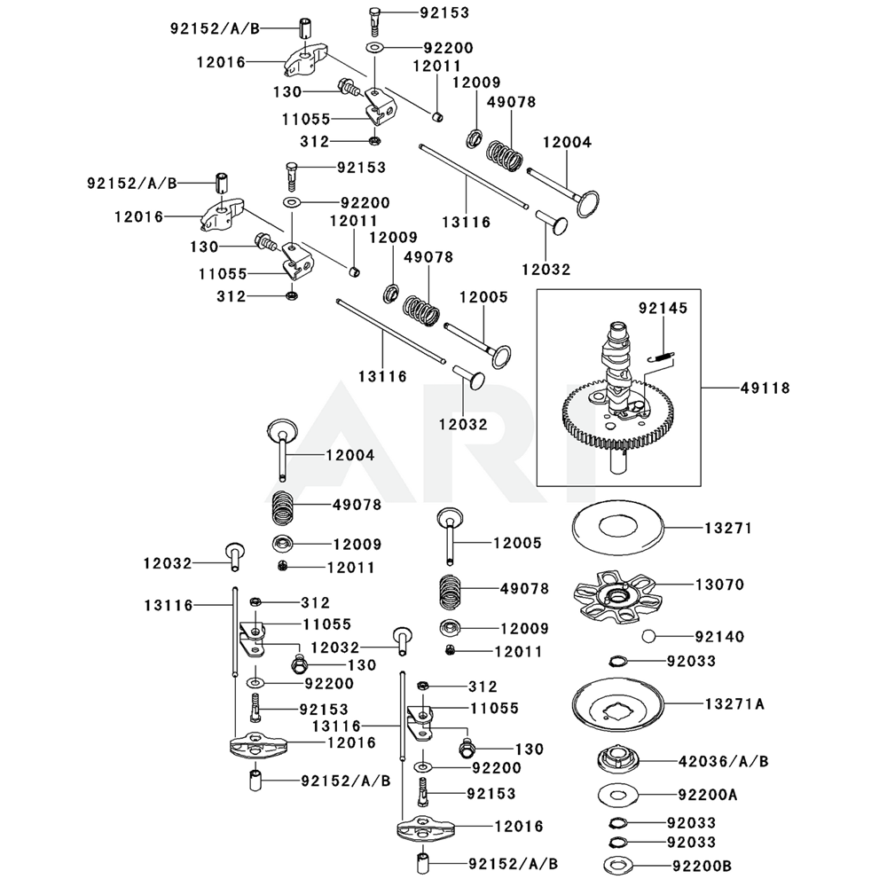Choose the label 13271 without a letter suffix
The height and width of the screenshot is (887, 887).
[x=728, y=528]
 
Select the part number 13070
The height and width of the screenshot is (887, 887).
[x=719, y=585]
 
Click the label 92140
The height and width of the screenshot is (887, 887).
[x=719, y=637]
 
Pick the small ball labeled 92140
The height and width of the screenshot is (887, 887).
[x=650, y=637]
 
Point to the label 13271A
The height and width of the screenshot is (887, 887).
[x=734, y=704]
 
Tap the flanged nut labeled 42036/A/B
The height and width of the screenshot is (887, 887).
[x=618, y=761]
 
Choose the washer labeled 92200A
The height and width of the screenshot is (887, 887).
[x=618, y=795]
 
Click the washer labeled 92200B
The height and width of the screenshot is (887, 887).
[x=618, y=864]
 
